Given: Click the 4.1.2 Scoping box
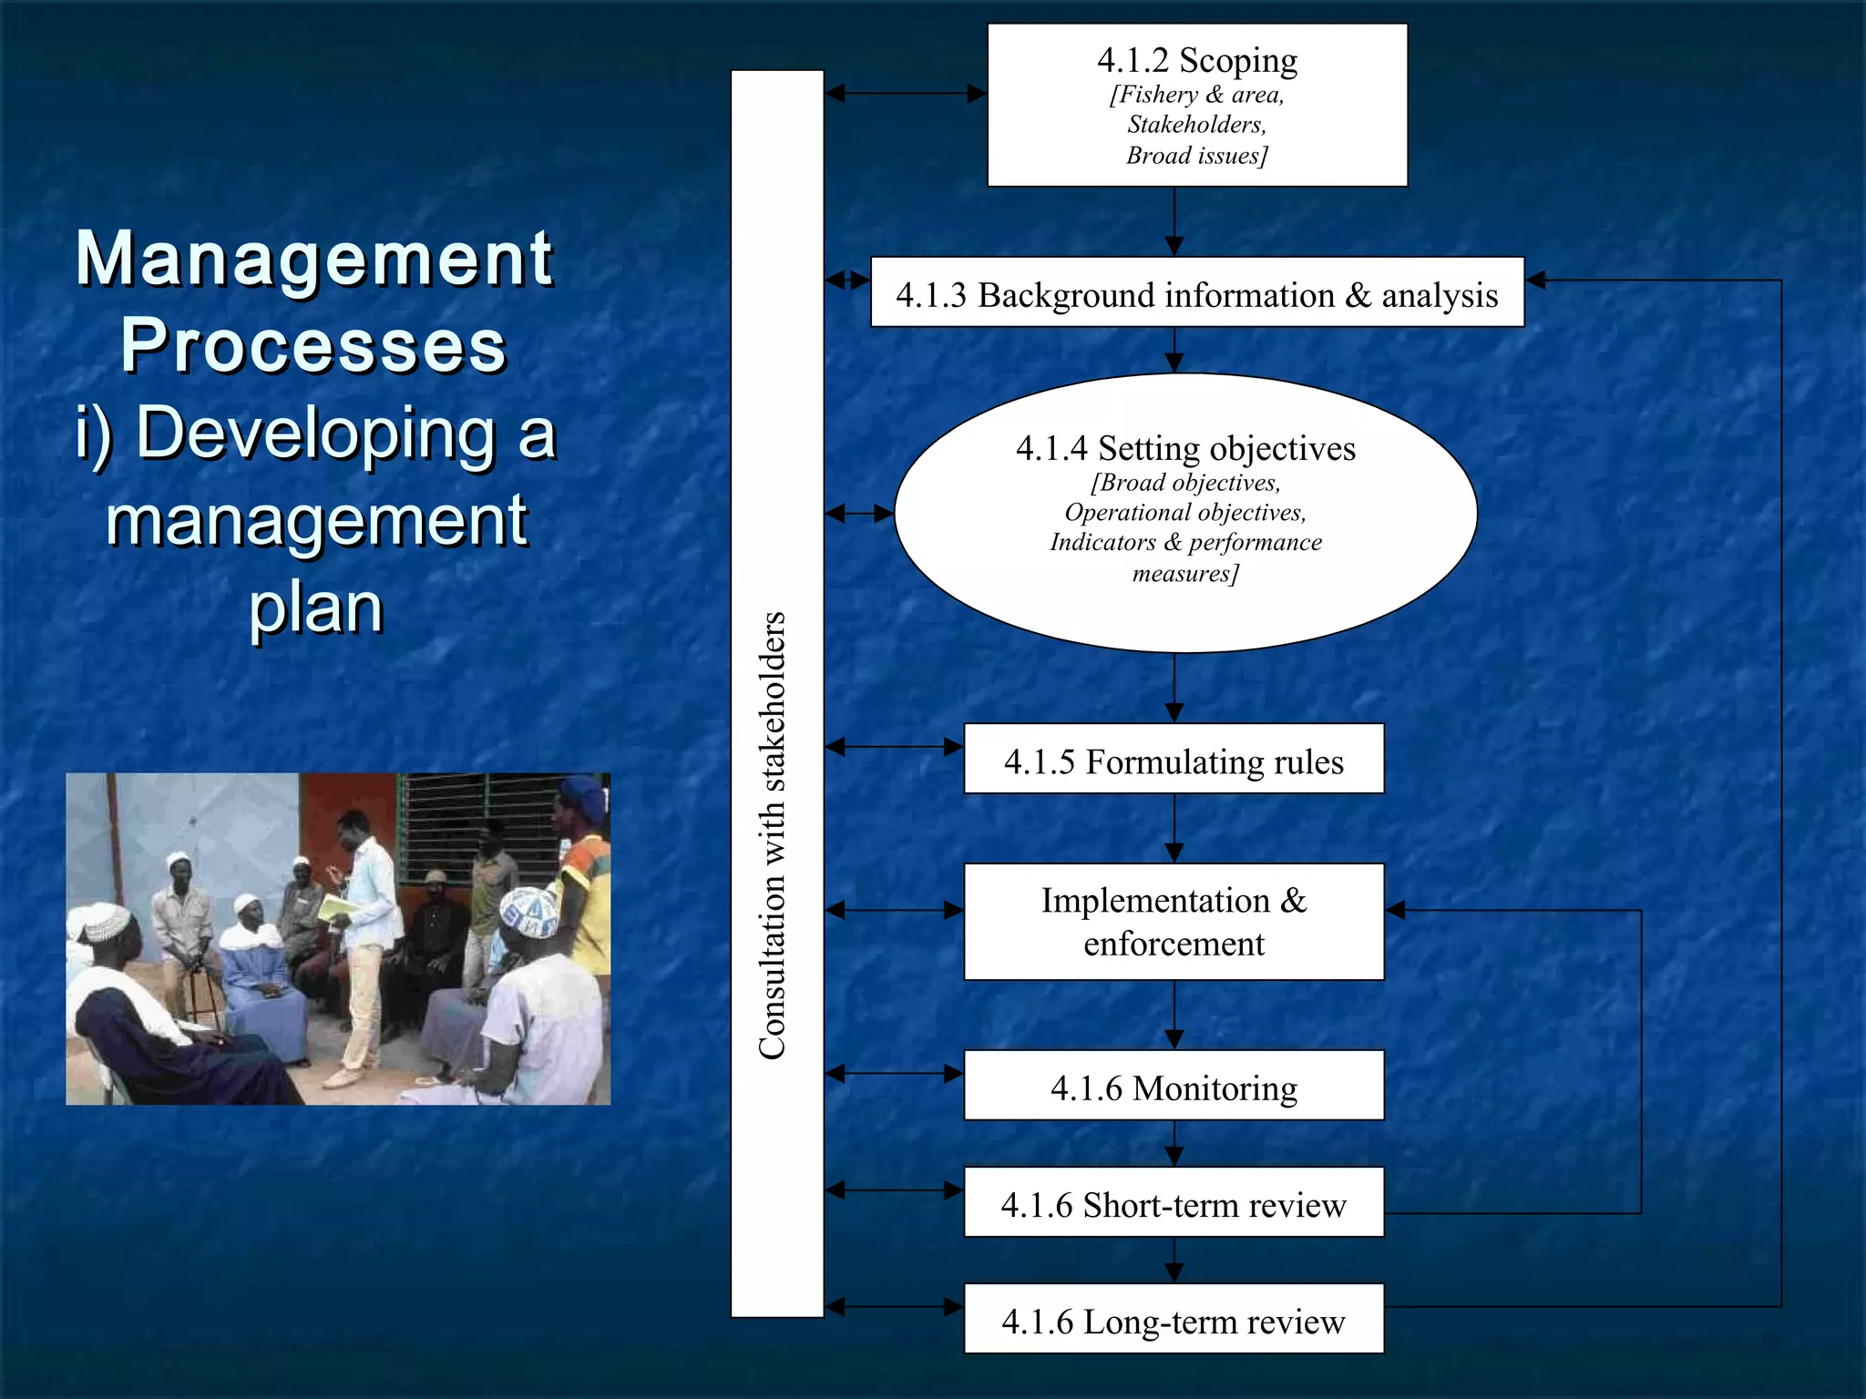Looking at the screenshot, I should [x=1196, y=105].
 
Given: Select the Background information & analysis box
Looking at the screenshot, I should [x=1196, y=293].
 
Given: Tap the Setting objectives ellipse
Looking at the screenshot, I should [x=1184, y=512].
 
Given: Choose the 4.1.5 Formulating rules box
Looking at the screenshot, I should [x=1174, y=760].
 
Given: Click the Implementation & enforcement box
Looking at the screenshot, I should [x=1174, y=921].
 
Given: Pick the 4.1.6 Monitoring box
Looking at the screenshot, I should [x=1174, y=1086].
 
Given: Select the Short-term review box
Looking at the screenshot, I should [x=1174, y=1202].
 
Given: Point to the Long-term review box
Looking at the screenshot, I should [x=1174, y=1319].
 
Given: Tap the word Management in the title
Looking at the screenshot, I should [x=314, y=259].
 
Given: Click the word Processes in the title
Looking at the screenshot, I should [x=313, y=346].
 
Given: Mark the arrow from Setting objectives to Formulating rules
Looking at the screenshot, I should [x=1174, y=688].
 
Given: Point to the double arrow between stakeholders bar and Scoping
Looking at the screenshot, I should [x=906, y=93].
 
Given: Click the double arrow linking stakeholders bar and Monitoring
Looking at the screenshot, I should [x=894, y=1074].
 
